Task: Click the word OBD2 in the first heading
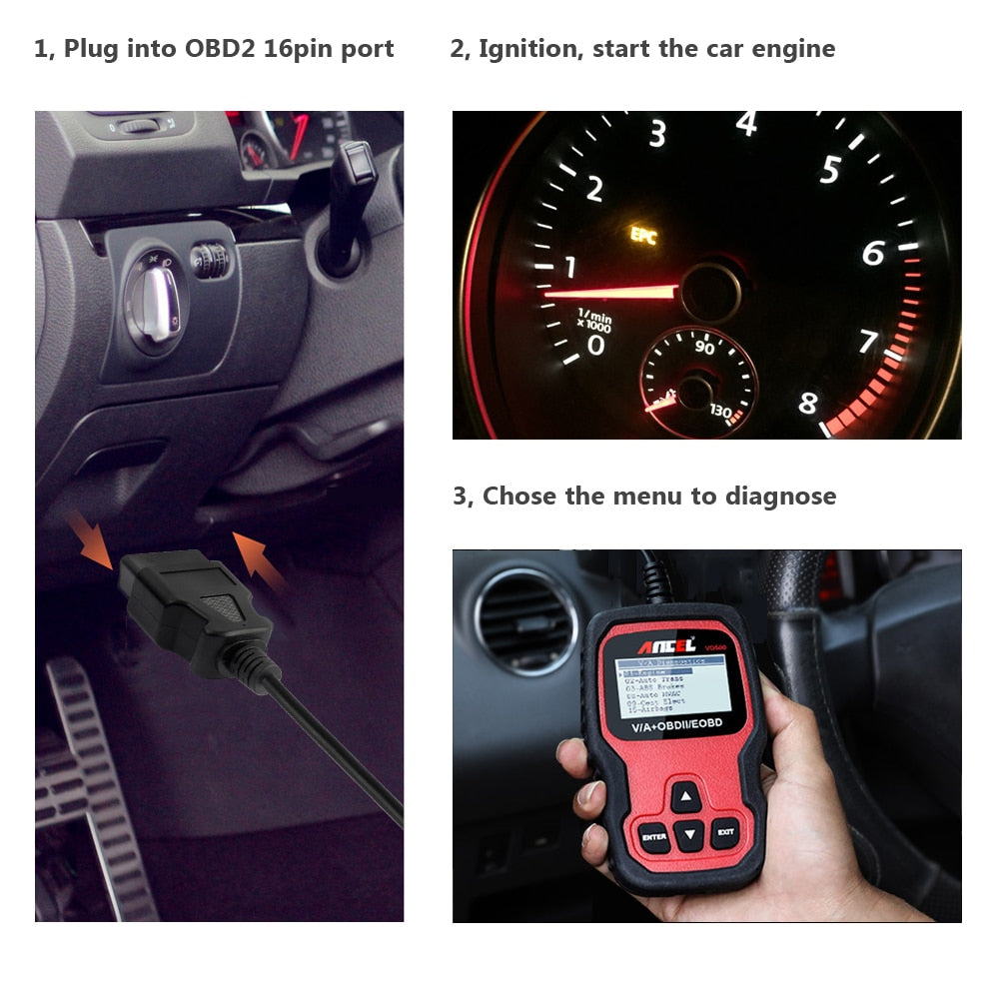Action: [x=219, y=49]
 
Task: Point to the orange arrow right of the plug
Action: [x=258, y=562]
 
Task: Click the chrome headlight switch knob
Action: [x=155, y=309]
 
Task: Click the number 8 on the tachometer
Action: [x=807, y=405]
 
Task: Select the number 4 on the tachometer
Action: [x=745, y=124]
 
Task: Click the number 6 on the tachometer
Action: [x=872, y=254]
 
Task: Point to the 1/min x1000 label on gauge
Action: [x=594, y=321]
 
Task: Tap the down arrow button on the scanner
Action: [x=688, y=835]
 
